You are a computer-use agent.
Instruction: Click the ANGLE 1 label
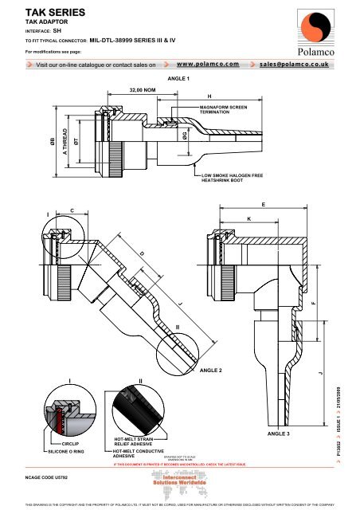(x=179, y=80)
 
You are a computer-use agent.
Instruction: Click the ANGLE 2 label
(x=210, y=371)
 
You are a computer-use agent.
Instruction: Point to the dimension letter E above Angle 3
(x=264, y=205)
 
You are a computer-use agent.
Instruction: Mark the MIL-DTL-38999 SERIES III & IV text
(x=135, y=37)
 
